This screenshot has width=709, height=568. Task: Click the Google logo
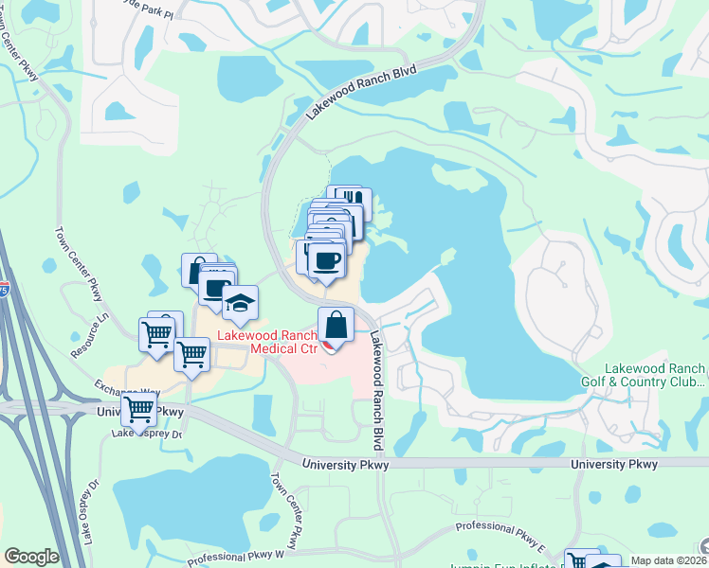click(31, 557)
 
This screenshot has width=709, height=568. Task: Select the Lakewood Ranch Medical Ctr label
click(269, 342)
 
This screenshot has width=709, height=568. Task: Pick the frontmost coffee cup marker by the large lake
click(326, 260)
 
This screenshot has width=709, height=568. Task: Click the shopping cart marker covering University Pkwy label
click(139, 411)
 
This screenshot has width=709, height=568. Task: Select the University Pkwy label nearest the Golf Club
click(615, 464)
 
